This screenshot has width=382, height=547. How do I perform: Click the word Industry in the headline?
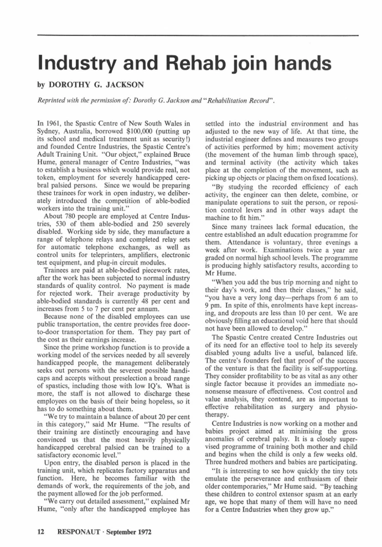pyautogui.click(x=77, y=64)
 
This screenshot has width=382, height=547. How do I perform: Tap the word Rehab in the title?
pyautogui.click(x=188, y=64)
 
